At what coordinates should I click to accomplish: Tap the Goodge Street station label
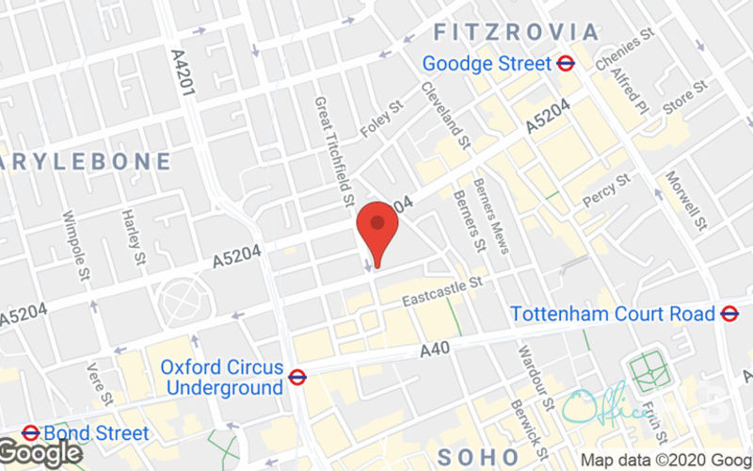coord(486,64)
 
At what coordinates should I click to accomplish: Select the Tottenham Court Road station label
coord(613,314)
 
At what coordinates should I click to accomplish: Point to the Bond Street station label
coord(97,434)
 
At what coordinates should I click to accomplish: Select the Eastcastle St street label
coord(441,292)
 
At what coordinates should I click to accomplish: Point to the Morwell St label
coord(685,201)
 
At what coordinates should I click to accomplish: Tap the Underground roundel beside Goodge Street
coord(566,64)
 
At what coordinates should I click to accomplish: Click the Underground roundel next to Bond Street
coord(30,434)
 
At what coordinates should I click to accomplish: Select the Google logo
coord(40,452)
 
